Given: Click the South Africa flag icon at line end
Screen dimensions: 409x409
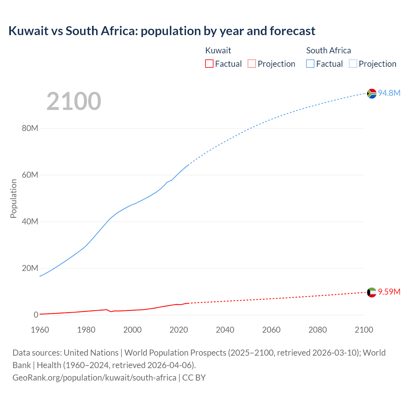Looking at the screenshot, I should (372, 93).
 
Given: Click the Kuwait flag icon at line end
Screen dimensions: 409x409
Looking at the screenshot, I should (372, 292).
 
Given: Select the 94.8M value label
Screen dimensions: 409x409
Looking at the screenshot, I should (389, 93).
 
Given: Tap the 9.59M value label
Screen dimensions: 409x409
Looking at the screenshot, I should (389, 292).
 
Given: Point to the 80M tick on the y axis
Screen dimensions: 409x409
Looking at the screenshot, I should (30, 128).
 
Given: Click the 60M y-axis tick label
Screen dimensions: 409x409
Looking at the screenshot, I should (30, 175).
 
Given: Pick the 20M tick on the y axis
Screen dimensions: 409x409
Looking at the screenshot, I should (30, 268).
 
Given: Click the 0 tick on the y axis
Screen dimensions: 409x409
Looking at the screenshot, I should (36, 315).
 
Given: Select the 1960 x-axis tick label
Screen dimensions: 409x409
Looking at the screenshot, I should (40, 330).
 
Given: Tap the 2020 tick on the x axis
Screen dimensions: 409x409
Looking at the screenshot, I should (179, 330).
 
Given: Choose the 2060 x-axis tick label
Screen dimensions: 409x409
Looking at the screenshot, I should (271, 330).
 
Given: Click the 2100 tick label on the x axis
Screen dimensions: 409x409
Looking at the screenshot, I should (364, 330).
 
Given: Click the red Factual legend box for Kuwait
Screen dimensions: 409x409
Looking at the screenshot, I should (209, 64).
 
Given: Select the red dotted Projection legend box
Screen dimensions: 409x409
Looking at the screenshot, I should (252, 64).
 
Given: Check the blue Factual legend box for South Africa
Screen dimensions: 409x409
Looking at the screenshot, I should (310, 64).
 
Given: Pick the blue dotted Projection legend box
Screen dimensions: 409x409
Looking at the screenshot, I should (353, 64).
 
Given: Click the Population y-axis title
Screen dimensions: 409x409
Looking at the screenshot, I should (13, 198).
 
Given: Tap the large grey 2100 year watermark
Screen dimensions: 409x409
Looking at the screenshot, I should (74, 101).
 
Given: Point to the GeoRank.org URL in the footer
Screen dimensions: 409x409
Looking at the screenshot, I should (94, 377).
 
